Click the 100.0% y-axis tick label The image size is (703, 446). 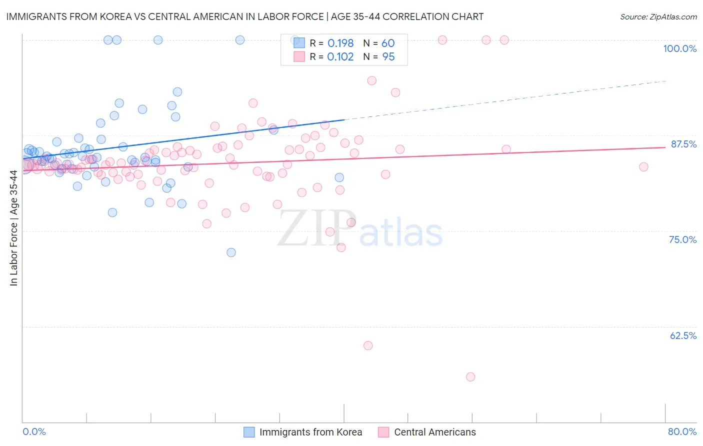679,48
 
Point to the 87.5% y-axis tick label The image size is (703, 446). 683,144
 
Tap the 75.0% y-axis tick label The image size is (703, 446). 682,239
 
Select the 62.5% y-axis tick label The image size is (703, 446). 683,335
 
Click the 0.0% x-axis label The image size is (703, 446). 34,431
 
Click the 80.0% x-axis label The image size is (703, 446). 682,431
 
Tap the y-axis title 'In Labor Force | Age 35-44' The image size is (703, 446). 13,228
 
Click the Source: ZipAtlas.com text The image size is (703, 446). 658,17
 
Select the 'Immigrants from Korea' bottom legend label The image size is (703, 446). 310,432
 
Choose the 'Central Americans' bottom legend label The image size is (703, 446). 435,432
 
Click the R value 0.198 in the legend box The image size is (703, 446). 340,43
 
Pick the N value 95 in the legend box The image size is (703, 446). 388,57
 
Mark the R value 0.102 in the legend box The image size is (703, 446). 340,57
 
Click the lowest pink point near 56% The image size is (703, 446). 470,377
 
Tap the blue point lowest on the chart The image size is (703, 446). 231,252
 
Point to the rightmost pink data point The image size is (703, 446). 643,167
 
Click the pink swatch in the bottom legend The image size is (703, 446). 383,432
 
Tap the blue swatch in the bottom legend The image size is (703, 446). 249,432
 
